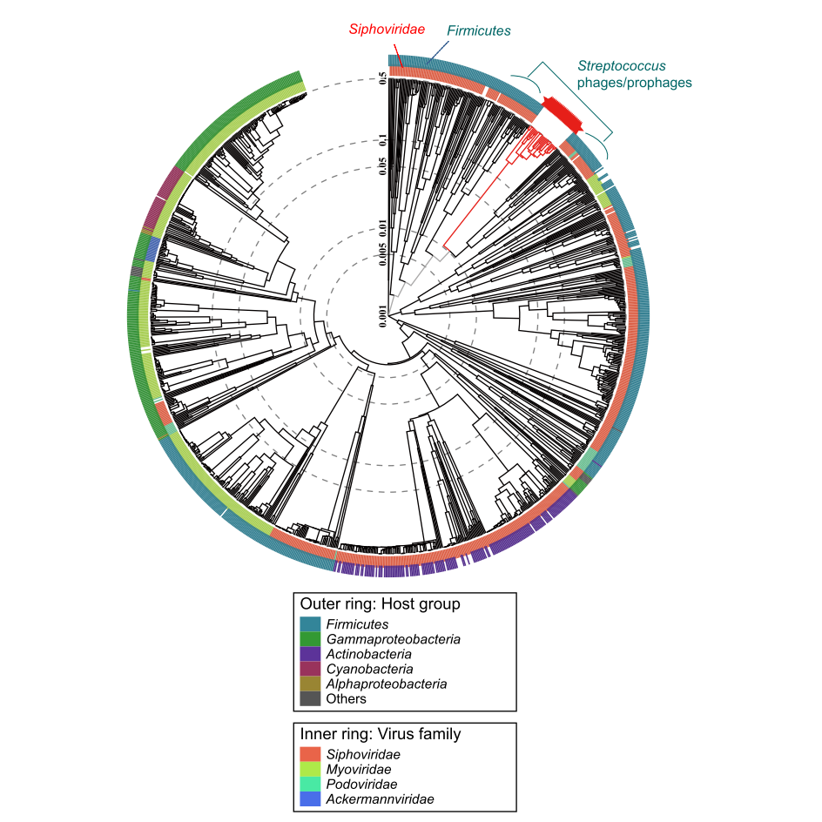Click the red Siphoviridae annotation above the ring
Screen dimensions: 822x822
(387, 29)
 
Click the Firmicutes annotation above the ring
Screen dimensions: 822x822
(478, 30)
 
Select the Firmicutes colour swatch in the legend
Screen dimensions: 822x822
(311, 624)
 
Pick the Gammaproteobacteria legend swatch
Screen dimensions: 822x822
(311, 639)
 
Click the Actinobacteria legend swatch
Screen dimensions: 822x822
(311, 654)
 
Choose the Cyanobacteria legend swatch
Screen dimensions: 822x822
(311, 669)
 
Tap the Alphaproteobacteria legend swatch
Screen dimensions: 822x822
(311, 684)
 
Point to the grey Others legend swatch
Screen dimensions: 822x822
(311, 698)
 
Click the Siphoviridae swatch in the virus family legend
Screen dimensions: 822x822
(311, 754)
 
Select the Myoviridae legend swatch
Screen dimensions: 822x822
(311, 769)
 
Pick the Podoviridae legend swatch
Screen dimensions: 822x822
(311, 784)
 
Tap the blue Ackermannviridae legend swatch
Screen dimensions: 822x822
(311, 798)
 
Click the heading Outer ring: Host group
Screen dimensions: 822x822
(380, 603)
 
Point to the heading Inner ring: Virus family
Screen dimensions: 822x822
(381, 734)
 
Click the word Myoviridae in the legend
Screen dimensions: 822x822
(358, 769)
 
